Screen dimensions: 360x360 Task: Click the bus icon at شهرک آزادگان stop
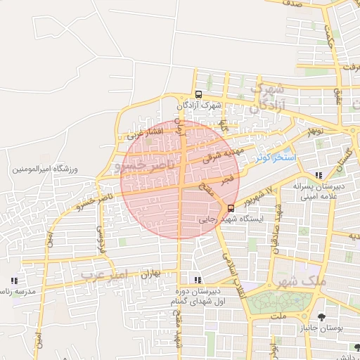(198, 94)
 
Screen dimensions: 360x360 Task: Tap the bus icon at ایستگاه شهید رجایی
(231, 207)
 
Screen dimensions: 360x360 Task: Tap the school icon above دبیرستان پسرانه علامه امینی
(319, 175)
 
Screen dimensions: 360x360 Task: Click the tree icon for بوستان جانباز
(321, 317)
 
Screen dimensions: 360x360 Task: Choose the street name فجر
(227, 181)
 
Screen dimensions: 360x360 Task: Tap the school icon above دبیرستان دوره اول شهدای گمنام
(195, 280)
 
